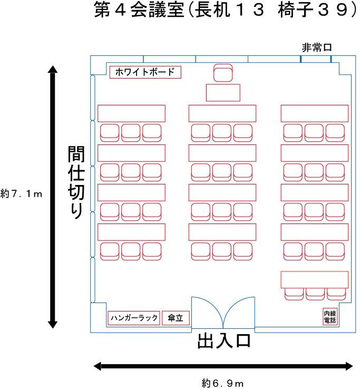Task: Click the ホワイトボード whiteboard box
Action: coord(145,72)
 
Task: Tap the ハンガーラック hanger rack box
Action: coord(133,318)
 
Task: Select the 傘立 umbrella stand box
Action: coord(176,318)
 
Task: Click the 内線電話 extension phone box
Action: coord(330,317)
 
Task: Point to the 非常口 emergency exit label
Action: coord(317,47)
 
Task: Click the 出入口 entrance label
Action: coord(223,341)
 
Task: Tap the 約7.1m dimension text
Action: coord(22,193)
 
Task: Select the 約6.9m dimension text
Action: coord(222,383)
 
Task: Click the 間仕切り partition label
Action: coord(76,182)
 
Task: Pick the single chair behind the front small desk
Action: coord(223,73)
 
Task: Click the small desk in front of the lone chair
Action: coord(223,93)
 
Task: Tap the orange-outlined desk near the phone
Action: coord(315,279)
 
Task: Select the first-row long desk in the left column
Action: coord(131,113)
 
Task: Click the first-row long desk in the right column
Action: coord(315,113)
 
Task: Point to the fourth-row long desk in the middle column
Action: coord(222,232)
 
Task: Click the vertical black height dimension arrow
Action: coord(53,197)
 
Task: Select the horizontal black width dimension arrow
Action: coord(223,366)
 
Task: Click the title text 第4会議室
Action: coord(139,11)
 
